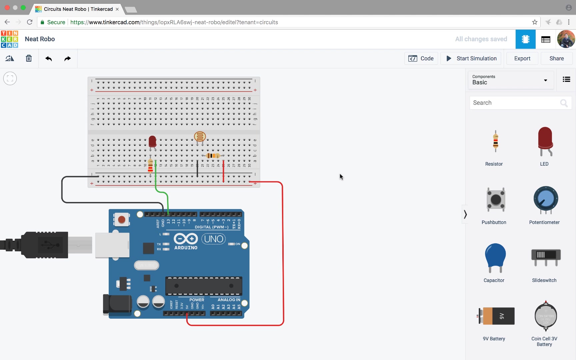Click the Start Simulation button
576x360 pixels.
(x=471, y=58)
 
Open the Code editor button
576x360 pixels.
(x=421, y=58)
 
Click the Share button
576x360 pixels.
(x=556, y=58)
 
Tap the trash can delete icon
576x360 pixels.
(x=29, y=58)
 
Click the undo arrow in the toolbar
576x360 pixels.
(x=49, y=58)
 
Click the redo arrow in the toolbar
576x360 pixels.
(x=67, y=58)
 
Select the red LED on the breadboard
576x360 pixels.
(x=152, y=141)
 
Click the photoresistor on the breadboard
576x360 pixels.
(x=200, y=137)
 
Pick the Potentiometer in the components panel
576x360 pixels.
(x=545, y=200)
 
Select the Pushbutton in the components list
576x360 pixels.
(x=496, y=200)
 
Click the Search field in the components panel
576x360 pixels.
(x=515, y=103)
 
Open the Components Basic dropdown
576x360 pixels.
(x=510, y=80)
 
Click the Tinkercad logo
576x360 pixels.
(x=9, y=39)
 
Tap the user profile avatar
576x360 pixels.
(x=566, y=39)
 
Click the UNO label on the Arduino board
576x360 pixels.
(x=214, y=239)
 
